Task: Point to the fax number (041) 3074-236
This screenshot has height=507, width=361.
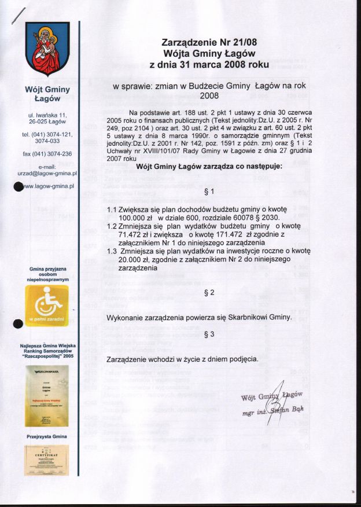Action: pyautogui.click(x=47, y=153)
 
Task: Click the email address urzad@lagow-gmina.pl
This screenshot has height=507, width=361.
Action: pyautogui.click(x=47, y=173)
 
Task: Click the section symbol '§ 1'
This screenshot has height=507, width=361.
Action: pyautogui.click(x=209, y=191)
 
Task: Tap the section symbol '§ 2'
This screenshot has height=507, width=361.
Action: pyautogui.click(x=209, y=293)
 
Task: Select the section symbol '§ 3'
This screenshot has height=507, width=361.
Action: pyautogui.click(x=209, y=335)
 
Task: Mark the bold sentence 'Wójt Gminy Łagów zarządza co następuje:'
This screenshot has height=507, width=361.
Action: pyautogui.click(x=209, y=166)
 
